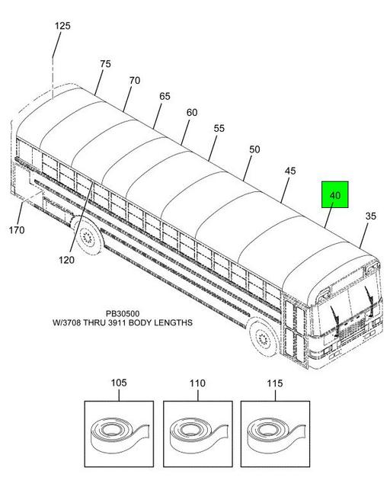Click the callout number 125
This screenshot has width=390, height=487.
click(x=62, y=26)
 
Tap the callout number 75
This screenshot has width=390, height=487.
click(x=105, y=64)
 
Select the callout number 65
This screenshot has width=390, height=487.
click(x=165, y=96)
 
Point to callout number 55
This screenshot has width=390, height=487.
click(x=219, y=128)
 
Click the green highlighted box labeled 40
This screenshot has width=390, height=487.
click(x=334, y=195)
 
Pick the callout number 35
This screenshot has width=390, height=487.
click(x=371, y=216)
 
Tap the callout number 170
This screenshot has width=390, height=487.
click(x=17, y=230)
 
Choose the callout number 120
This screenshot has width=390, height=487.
click(x=66, y=260)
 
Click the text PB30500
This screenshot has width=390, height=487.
click(x=123, y=314)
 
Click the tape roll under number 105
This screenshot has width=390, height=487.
click(x=120, y=434)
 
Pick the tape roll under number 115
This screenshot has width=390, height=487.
click(x=276, y=434)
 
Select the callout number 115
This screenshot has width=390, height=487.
click(x=275, y=383)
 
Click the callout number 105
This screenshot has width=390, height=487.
click(x=119, y=383)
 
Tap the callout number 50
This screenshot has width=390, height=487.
click(x=254, y=149)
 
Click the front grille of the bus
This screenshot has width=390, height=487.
click(x=353, y=330)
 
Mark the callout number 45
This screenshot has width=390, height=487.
click(x=290, y=171)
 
